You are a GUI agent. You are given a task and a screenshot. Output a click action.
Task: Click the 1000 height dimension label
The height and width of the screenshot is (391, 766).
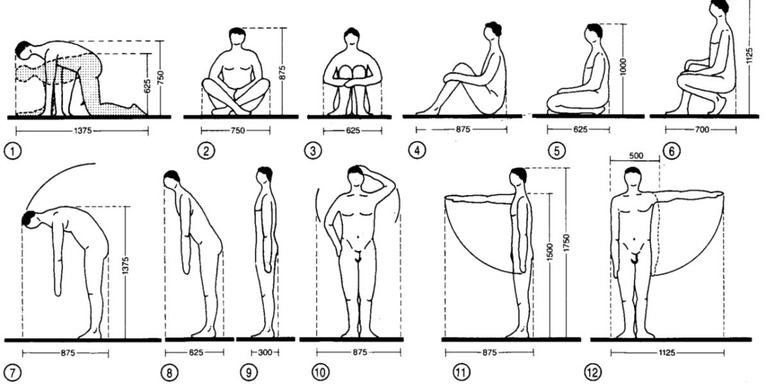click(624, 65)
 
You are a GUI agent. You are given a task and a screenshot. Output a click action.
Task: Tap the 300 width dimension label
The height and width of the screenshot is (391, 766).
click(265, 353)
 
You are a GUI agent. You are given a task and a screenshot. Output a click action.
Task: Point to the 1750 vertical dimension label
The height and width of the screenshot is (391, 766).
click(566, 243)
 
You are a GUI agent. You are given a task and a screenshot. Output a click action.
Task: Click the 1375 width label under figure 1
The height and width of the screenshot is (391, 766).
click(83, 131)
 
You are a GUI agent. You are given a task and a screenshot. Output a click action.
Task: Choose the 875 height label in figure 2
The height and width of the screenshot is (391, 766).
click(283, 71)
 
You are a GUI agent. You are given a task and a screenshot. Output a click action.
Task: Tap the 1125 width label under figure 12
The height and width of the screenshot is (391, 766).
click(668, 353)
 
